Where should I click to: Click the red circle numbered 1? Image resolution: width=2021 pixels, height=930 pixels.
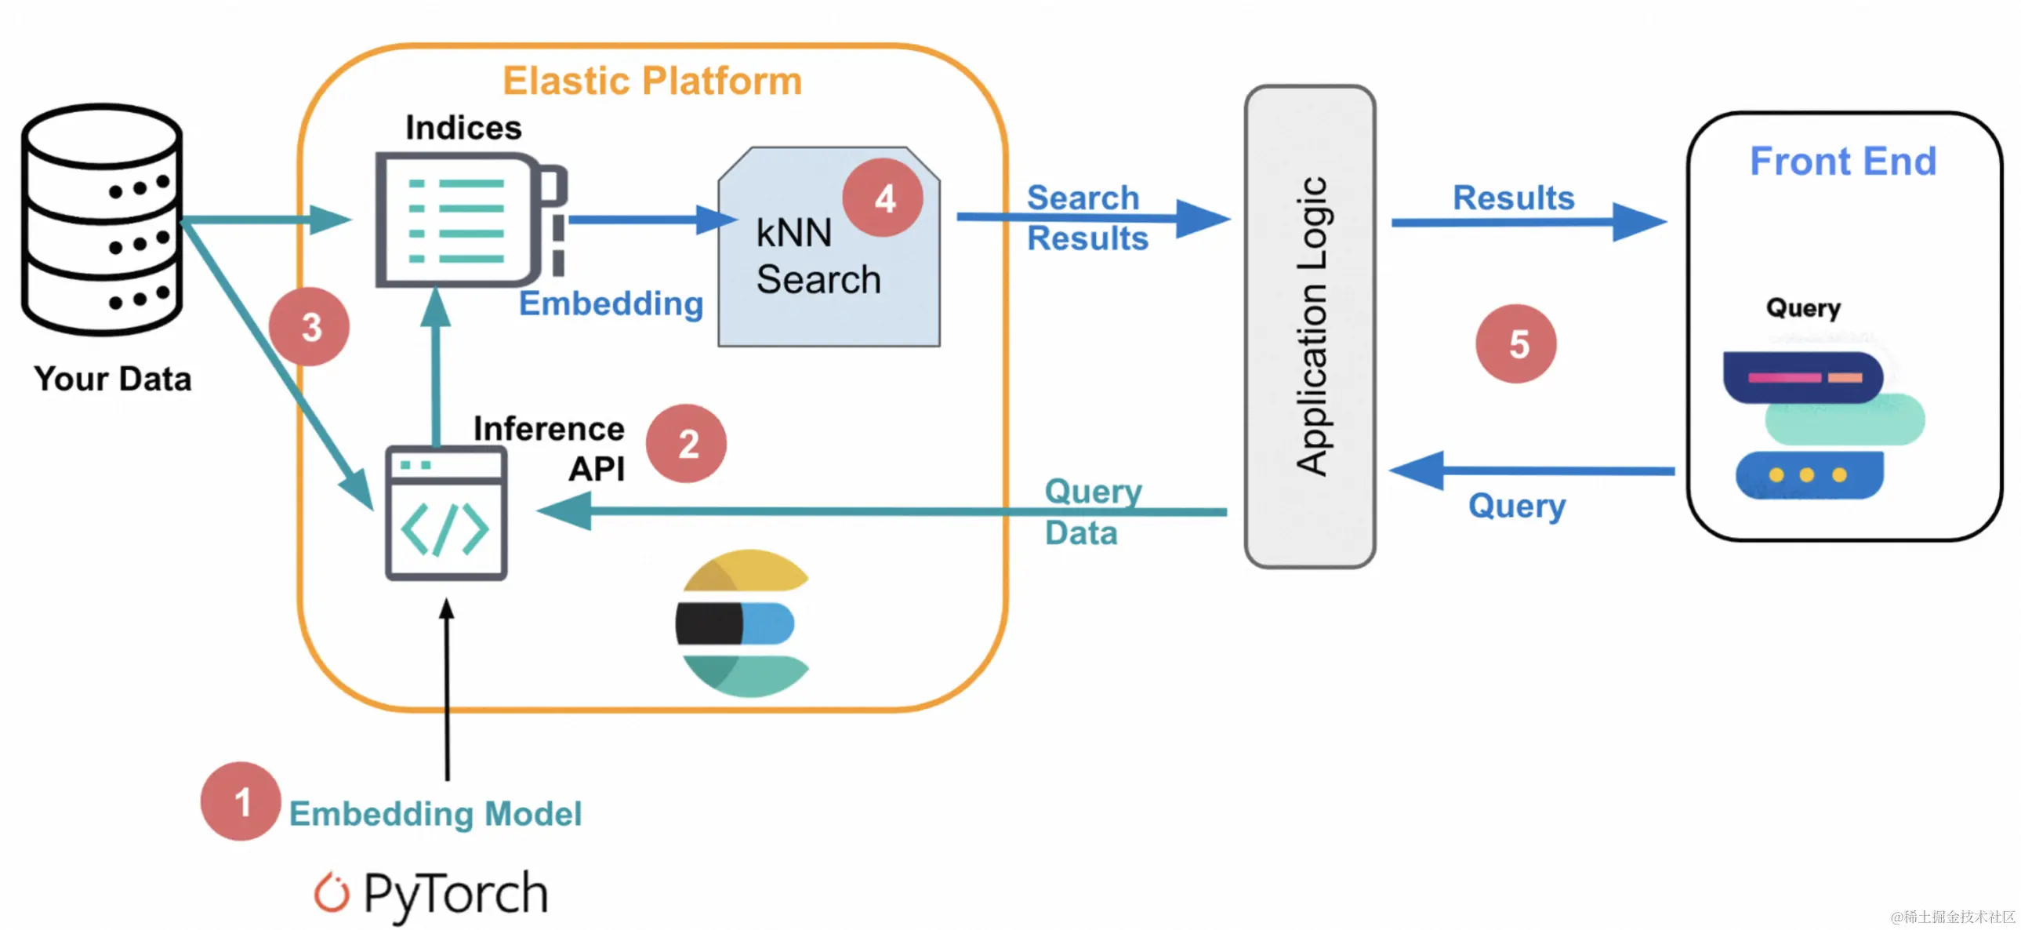(x=240, y=801)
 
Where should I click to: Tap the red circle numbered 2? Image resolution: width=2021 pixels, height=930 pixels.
(x=687, y=443)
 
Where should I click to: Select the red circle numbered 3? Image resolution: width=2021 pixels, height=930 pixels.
(x=309, y=326)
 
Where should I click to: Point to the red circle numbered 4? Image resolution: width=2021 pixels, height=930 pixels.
(x=883, y=198)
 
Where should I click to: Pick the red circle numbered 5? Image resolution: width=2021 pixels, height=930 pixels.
(x=1516, y=343)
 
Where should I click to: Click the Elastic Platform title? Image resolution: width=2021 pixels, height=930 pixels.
(x=652, y=81)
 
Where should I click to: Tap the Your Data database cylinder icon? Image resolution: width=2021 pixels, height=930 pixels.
(x=102, y=220)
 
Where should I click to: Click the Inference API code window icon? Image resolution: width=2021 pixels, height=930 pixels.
(x=445, y=514)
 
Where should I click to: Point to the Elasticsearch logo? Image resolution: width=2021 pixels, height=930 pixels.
(x=742, y=623)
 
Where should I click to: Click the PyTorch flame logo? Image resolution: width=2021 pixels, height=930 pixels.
(x=331, y=892)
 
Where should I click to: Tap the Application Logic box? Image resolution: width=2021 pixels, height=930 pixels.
(x=1309, y=325)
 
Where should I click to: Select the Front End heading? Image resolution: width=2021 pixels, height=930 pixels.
(x=1843, y=162)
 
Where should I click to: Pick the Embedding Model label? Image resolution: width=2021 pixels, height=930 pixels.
(x=435, y=814)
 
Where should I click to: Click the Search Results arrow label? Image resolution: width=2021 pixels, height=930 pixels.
(x=1087, y=218)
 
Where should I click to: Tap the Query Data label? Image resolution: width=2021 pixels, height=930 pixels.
(x=1092, y=512)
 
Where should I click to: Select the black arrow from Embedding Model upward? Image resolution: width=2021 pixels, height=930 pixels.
(x=447, y=691)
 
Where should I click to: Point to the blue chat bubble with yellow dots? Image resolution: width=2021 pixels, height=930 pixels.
(x=1809, y=475)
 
